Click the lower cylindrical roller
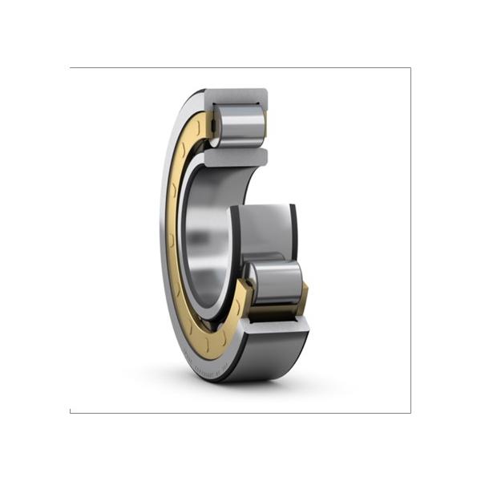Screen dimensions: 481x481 pyautogui.click(x=273, y=281)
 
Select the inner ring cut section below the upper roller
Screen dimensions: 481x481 pyautogui.click(x=235, y=156)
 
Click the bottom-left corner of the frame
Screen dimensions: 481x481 pyautogui.click(x=71, y=412)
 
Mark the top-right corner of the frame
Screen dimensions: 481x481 pyautogui.click(x=410, y=68)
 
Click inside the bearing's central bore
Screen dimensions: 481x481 pyautogui.click(x=204, y=232)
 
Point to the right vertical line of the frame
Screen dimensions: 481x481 pyautogui.click(x=410, y=240)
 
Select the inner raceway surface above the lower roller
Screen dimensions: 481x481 pyautogui.click(x=265, y=228)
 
